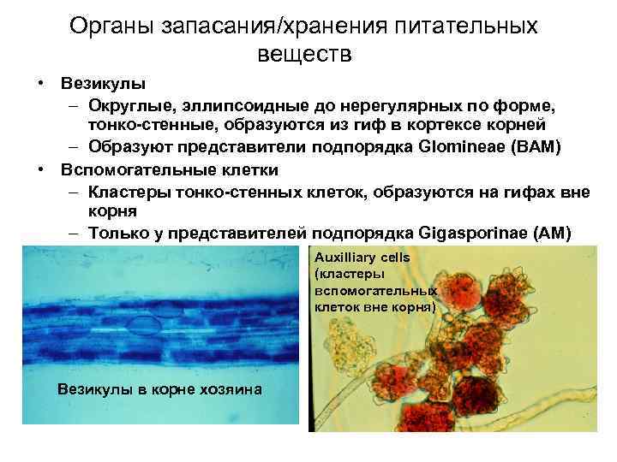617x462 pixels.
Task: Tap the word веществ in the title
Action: pyautogui.click(x=304, y=55)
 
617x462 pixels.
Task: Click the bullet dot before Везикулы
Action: pyautogui.click(x=40, y=84)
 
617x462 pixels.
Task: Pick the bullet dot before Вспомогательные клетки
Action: pyautogui.click(x=40, y=168)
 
